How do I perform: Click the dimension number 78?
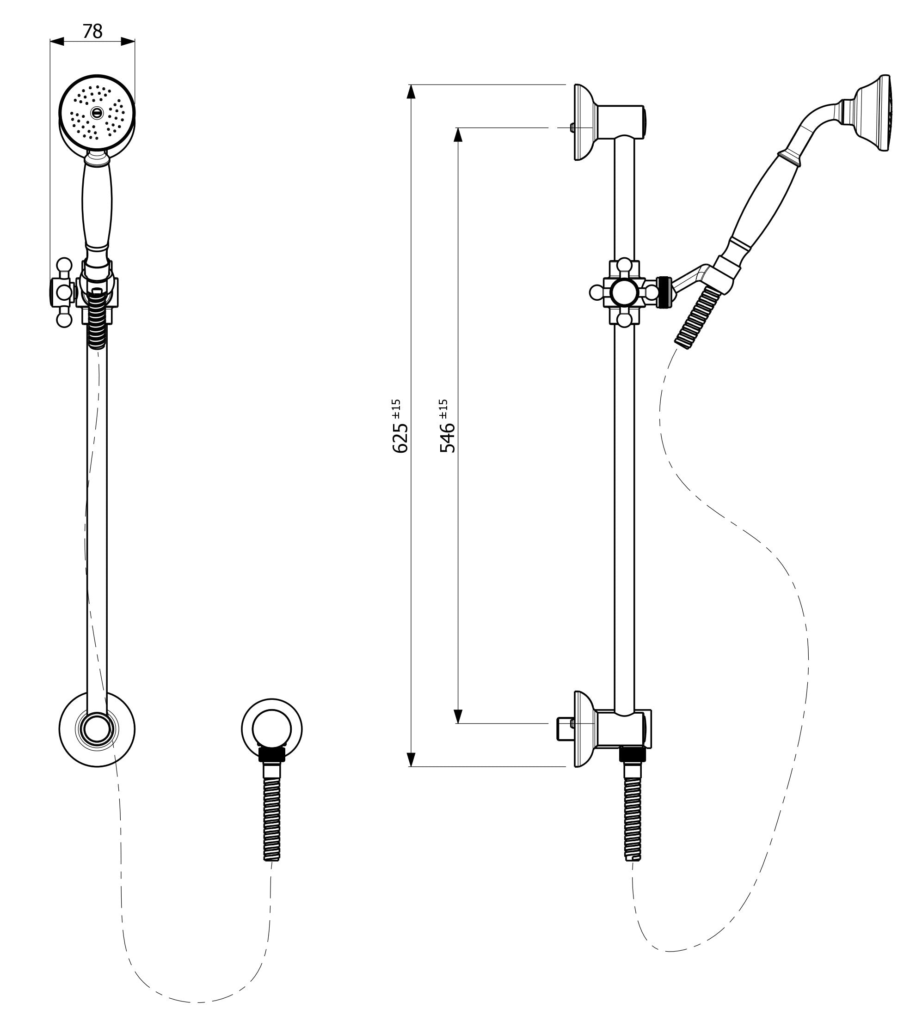pos(92,31)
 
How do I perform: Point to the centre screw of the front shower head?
pos(97,112)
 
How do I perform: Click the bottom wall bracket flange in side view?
pos(584,729)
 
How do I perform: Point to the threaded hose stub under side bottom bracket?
pos(633,814)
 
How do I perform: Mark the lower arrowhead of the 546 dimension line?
pos(458,716)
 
